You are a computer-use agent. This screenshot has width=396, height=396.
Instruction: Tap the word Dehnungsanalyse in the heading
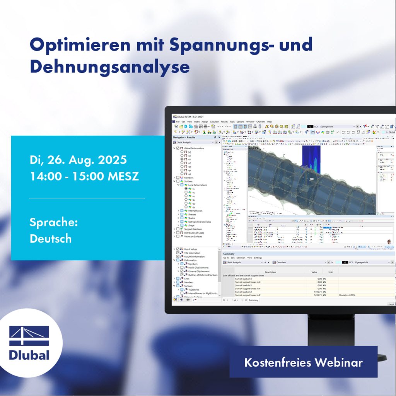(x=110, y=67)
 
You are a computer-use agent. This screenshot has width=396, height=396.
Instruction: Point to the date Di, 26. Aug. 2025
(x=78, y=160)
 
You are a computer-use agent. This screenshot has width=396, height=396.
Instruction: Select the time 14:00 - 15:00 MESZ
(x=84, y=176)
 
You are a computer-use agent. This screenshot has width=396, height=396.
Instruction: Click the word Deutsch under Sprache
(x=51, y=239)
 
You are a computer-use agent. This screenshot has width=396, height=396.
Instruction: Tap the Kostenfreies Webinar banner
(x=303, y=363)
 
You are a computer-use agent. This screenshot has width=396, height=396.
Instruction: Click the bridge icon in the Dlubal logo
(x=29, y=336)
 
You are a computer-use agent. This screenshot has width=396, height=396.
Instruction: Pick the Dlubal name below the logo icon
(x=29, y=355)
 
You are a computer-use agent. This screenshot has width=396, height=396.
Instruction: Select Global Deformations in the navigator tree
(x=194, y=148)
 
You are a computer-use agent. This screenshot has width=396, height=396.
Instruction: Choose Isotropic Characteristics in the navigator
(x=200, y=222)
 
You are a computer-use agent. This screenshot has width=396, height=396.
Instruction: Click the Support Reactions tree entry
(x=193, y=229)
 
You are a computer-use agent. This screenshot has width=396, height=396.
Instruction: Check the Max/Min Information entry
(x=195, y=256)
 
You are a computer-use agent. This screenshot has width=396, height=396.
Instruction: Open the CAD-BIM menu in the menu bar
(x=260, y=121)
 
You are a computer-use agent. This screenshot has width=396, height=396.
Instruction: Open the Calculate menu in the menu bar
(x=214, y=121)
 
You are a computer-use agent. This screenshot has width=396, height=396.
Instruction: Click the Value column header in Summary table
(x=314, y=272)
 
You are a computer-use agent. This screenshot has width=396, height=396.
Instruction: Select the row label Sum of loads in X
(x=244, y=278)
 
